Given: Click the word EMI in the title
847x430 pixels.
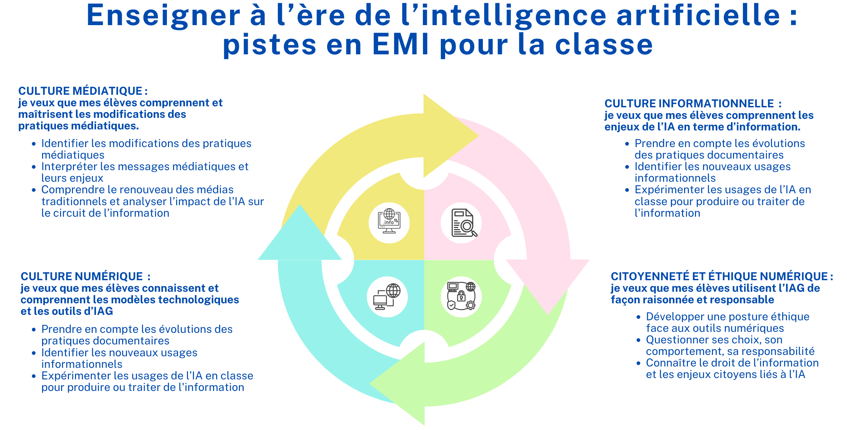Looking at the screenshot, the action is [x=401, y=44].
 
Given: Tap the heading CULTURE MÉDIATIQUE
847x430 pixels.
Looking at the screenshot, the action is [x=80, y=91].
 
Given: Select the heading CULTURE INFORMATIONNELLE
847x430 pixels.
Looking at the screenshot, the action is [x=689, y=104].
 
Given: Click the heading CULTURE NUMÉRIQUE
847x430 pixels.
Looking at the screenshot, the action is [x=82, y=276].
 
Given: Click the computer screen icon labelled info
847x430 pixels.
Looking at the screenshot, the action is [x=389, y=221].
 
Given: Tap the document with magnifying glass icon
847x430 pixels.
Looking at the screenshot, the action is [x=464, y=223].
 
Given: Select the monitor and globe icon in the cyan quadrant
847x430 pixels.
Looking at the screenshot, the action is [x=387, y=297].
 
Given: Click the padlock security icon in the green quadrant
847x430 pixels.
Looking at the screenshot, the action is [x=461, y=296].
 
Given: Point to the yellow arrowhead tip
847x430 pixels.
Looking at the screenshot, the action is [x=479, y=136].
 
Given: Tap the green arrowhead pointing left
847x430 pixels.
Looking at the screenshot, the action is [x=397, y=384].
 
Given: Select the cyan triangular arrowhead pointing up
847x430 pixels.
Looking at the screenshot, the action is [x=300, y=234].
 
